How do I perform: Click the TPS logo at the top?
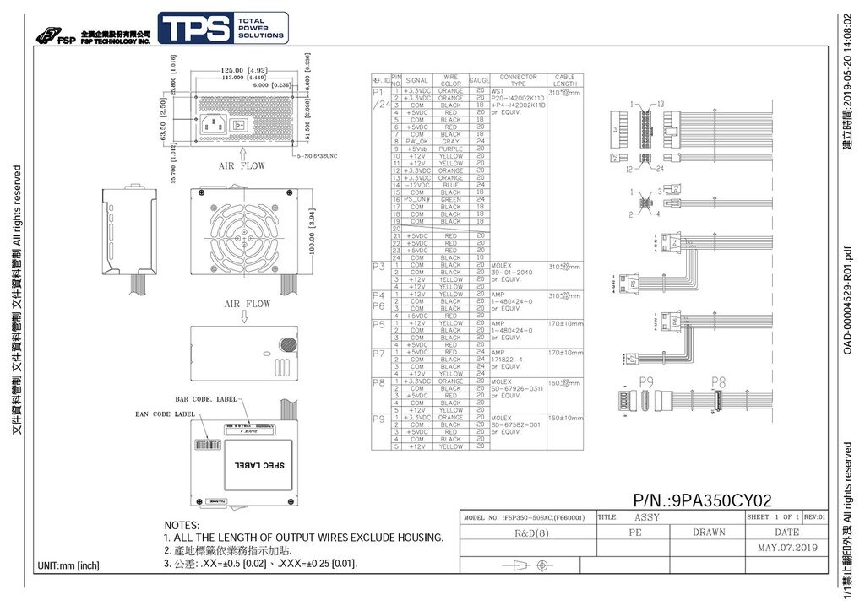(223, 29)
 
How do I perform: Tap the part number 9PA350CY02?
(702, 501)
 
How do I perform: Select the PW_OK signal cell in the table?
(417, 141)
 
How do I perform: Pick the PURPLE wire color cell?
(451, 149)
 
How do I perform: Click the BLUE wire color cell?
(451, 185)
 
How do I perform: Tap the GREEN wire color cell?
(451, 199)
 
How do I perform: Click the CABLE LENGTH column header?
(564, 80)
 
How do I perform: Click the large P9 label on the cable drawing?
(646, 382)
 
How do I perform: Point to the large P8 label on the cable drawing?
(719, 382)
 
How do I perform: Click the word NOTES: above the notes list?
(182, 526)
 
